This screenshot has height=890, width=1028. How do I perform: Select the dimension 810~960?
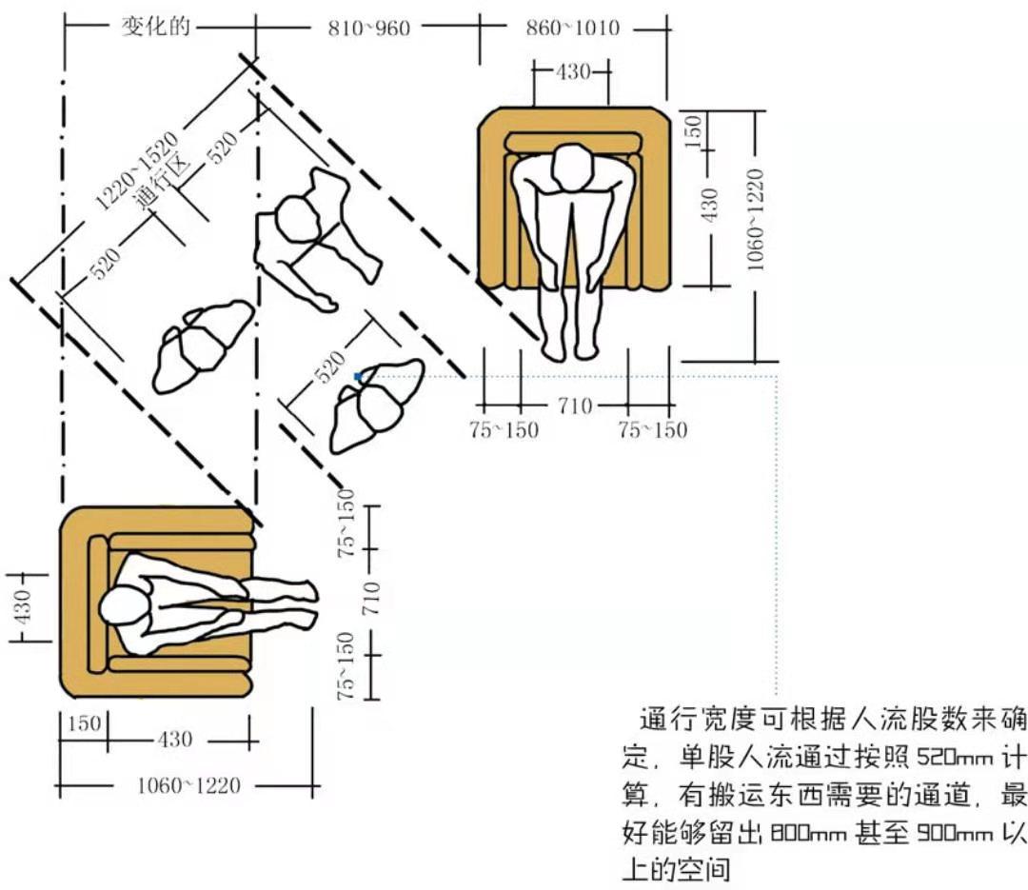(x=368, y=28)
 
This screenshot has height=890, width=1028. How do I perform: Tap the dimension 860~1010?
(x=572, y=28)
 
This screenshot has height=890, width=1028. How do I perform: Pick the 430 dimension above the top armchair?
(x=572, y=71)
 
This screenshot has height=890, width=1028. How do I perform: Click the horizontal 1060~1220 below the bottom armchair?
(x=188, y=786)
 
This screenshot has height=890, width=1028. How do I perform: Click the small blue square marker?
(x=358, y=377)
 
